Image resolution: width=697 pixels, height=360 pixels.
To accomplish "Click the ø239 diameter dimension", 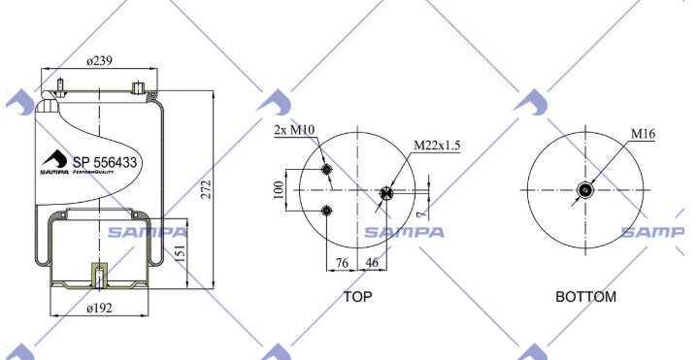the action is click(99, 61).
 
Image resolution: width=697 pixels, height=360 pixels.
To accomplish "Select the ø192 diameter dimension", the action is click(100, 308).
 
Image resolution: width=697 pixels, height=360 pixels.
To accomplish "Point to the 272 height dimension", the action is click(206, 189).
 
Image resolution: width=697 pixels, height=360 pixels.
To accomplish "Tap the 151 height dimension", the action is click(180, 252).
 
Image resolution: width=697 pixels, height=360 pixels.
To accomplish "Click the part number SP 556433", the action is click(105, 163).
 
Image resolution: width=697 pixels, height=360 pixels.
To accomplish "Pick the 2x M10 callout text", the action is click(294, 130).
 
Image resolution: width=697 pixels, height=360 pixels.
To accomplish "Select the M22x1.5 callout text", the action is click(437, 146).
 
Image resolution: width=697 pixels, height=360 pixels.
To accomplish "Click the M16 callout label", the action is click(643, 133).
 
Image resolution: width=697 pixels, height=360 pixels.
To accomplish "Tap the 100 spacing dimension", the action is click(279, 190).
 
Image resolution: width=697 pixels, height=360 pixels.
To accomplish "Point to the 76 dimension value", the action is click(342, 263).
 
